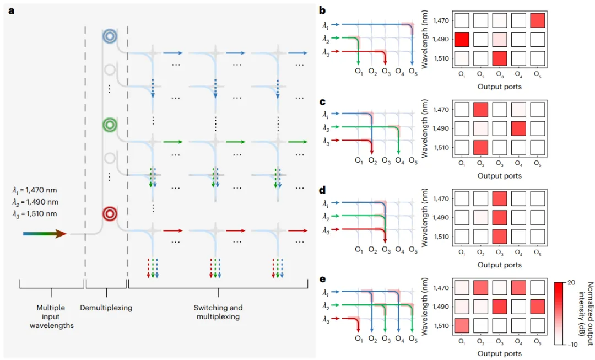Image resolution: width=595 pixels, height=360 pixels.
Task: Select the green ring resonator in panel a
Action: point(110,125)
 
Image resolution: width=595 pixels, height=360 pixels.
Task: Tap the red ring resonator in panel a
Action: point(110,213)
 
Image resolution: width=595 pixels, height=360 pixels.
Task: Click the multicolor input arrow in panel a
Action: point(45,234)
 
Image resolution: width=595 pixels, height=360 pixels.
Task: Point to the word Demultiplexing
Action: point(106,308)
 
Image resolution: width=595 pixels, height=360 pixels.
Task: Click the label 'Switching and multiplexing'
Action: point(218,312)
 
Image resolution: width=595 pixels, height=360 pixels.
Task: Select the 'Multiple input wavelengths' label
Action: point(51,316)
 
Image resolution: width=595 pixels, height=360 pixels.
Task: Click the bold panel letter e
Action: point(323,279)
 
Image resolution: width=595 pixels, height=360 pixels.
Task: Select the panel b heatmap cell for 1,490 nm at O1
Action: point(462,40)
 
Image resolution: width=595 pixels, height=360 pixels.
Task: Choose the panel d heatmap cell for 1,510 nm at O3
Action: point(499,237)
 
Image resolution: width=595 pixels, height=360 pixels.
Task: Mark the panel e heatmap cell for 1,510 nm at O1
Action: point(462,325)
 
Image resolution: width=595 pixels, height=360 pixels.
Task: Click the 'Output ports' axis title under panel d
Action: point(499,265)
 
